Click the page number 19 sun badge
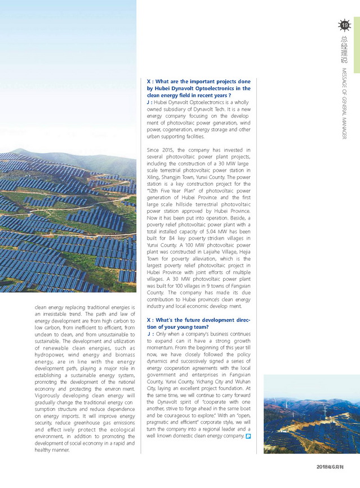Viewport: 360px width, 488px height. [344, 24]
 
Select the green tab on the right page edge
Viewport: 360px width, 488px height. [357, 37]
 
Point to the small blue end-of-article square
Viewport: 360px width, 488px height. [248, 436]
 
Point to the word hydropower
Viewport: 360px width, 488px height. [49, 355]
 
